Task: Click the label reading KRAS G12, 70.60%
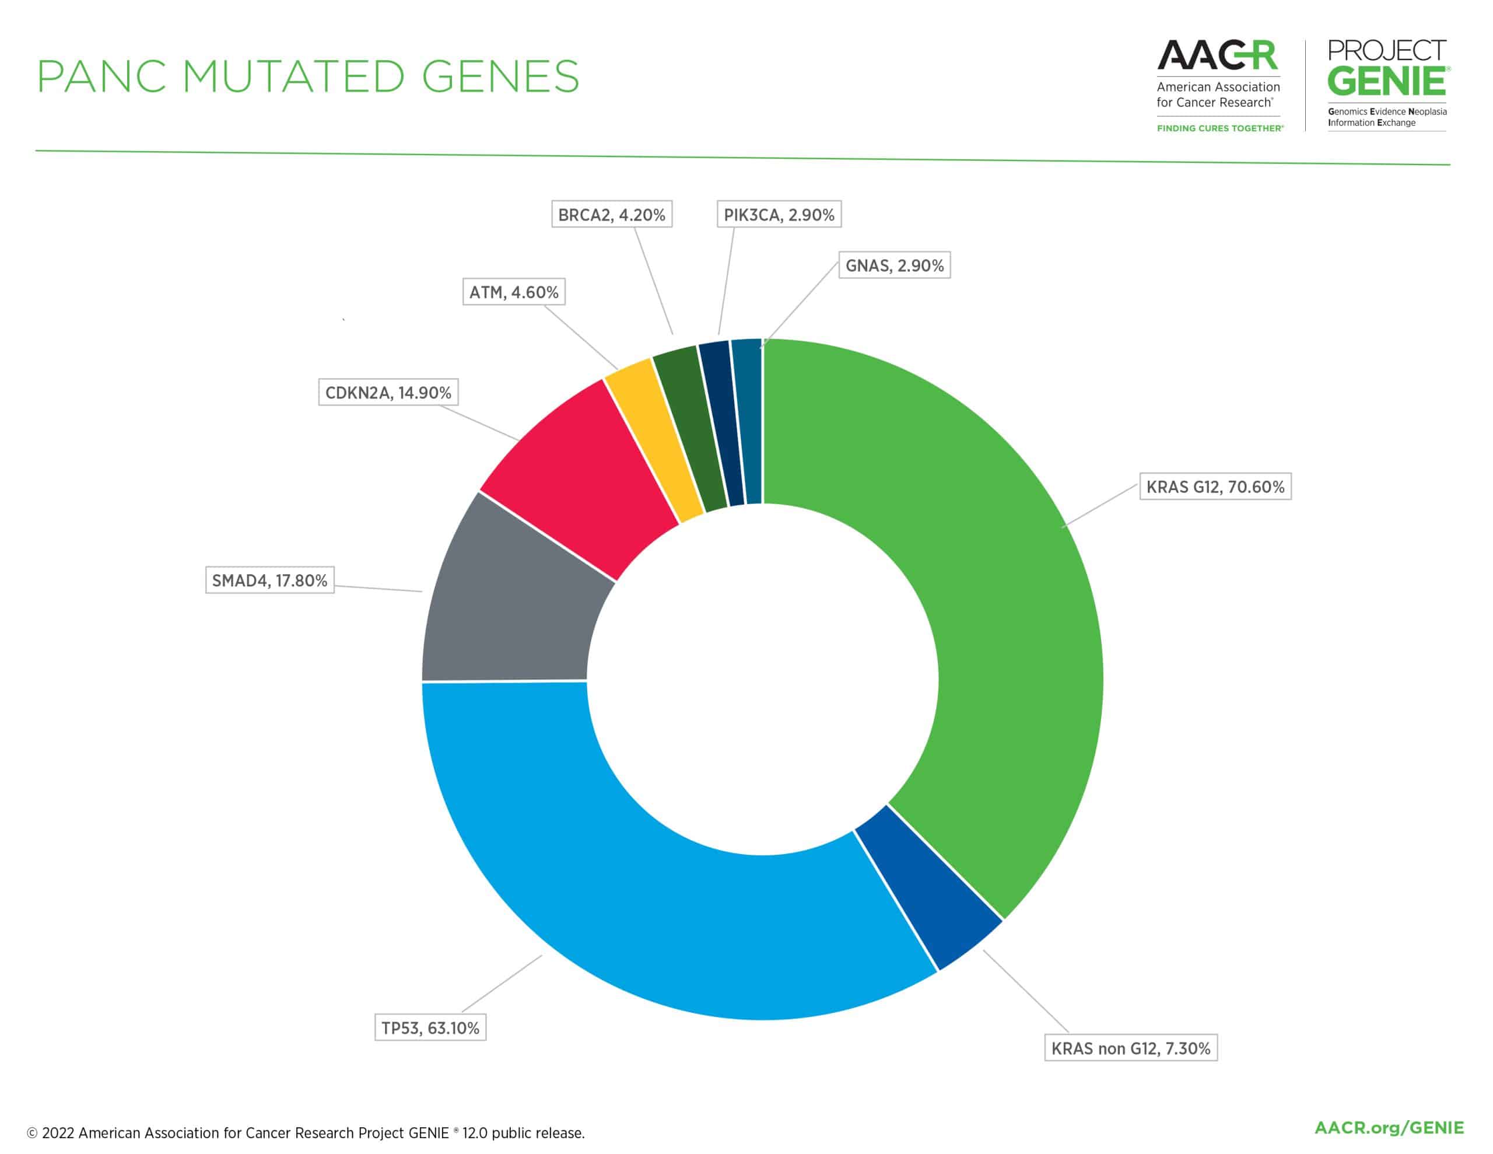(1215, 487)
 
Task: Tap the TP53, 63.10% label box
(430, 1027)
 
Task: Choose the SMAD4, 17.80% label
(269, 580)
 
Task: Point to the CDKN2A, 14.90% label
(388, 393)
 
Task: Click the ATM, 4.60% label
(513, 292)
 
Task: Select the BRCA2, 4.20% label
(611, 215)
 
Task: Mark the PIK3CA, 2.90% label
(779, 215)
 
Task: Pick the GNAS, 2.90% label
(894, 265)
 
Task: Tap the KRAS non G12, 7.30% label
(1131, 1048)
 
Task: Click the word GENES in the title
(500, 76)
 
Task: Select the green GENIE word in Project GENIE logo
(1386, 82)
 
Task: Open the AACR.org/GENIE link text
(1389, 1127)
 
